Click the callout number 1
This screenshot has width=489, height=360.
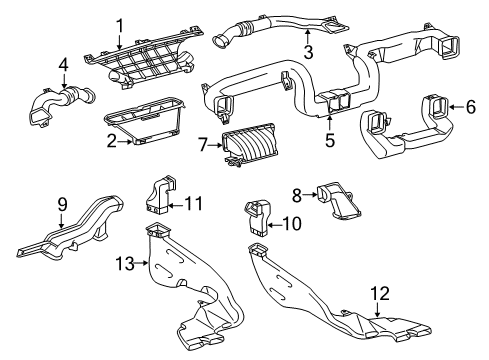pyautogui.click(x=119, y=25)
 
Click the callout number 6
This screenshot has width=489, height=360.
pyautogui.click(x=470, y=107)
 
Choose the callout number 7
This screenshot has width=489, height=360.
pyautogui.click(x=203, y=147)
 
